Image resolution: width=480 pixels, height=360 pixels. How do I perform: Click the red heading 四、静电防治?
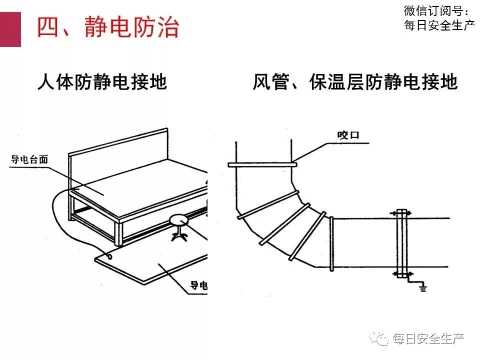(x=107, y=27)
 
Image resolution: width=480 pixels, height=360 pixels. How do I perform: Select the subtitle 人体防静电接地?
(x=102, y=82)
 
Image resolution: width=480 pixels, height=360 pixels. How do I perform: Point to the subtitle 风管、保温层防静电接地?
(x=354, y=82)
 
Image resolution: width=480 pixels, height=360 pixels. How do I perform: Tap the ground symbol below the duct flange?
(x=423, y=287)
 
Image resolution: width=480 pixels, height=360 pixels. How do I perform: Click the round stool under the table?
(x=179, y=219)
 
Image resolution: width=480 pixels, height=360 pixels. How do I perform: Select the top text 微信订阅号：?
(x=437, y=11)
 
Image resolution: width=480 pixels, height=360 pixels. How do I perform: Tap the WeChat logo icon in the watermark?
(x=381, y=339)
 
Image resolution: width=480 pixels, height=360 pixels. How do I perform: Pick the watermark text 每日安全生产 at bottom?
(x=428, y=339)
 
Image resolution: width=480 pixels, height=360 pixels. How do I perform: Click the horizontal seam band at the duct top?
(x=262, y=163)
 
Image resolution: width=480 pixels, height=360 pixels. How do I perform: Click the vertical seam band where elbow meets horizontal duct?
(x=331, y=243)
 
